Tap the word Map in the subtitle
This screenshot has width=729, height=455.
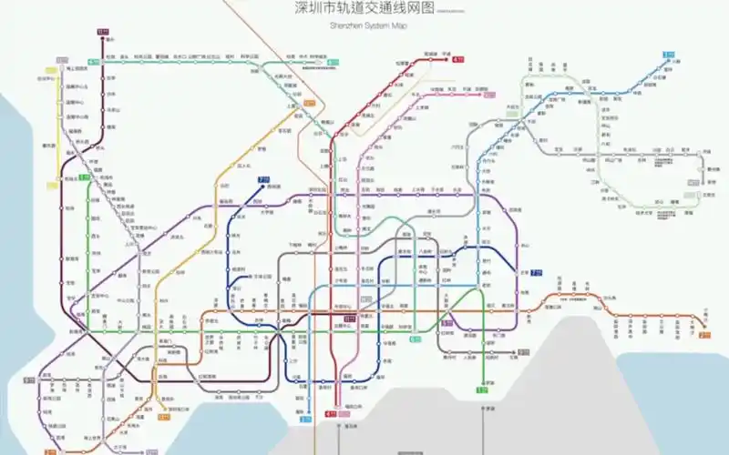(x=398, y=26)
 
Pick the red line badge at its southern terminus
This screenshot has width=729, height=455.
(x=331, y=415)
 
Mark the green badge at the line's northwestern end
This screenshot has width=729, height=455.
(x=84, y=177)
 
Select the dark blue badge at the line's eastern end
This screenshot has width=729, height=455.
(x=537, y=271)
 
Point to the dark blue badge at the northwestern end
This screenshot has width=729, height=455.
(x=264, y=179)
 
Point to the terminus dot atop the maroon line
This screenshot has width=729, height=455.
(x=102, y=39)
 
